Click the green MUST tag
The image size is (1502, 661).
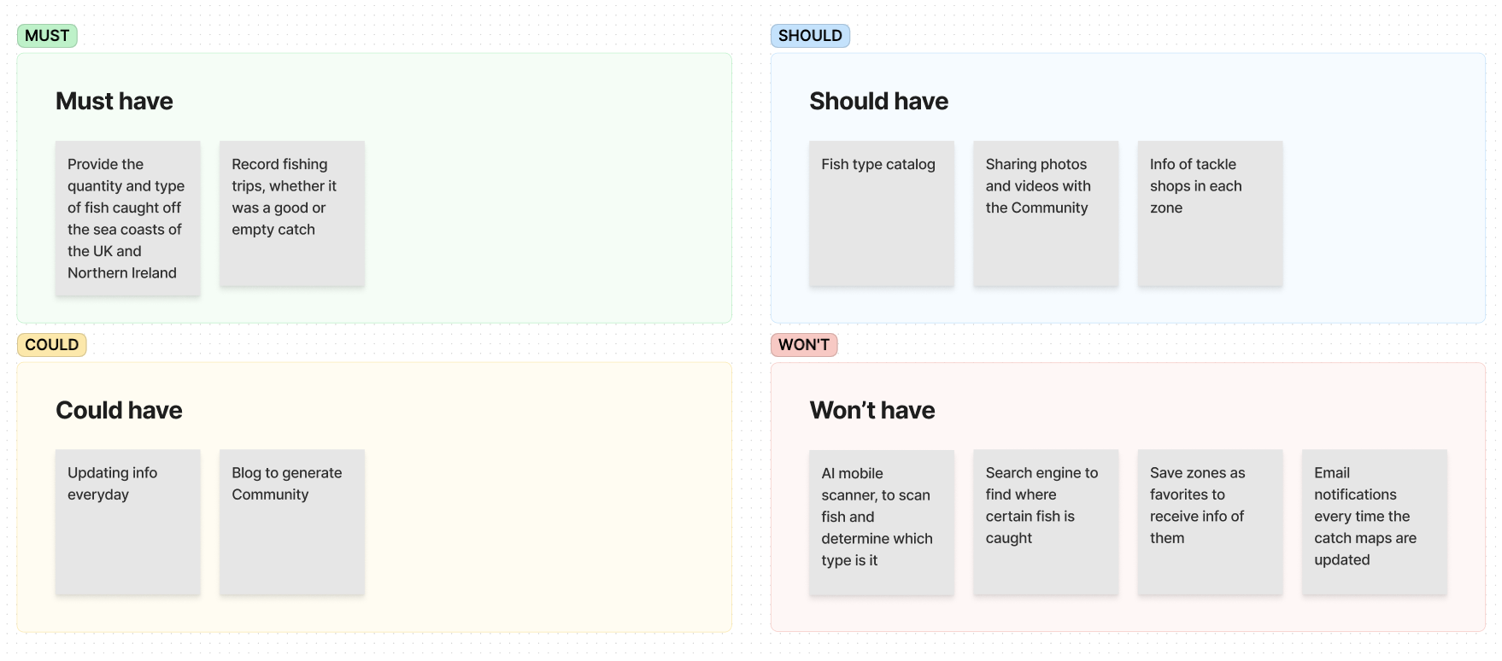[47, 36]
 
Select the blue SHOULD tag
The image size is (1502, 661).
[810, 36]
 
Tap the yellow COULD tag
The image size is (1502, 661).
[51, 345]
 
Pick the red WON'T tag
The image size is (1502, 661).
[804, 345]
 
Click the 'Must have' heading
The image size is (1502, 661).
[114, 101]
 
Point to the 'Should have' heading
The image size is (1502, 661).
[878, 101]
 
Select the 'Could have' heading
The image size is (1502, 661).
[119, 410]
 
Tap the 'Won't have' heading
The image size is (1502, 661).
[872, 410]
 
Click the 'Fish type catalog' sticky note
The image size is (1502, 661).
[882, 214]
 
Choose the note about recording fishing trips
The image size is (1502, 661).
[292, 214]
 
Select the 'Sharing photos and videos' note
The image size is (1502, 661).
[1046, 214]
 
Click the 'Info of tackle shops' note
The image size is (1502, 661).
[1210, 214]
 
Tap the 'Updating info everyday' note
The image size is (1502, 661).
[128, 523]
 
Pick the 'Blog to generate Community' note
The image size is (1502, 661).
[292, 523]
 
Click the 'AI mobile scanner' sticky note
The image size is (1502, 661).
[882, 523]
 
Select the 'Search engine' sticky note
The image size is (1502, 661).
[1046, 523]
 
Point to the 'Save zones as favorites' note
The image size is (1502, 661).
[1210, 523]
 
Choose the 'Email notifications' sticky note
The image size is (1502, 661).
[1375, 523]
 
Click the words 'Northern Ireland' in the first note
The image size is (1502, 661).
[122, 273]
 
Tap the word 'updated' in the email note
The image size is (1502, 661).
[1341, 560]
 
